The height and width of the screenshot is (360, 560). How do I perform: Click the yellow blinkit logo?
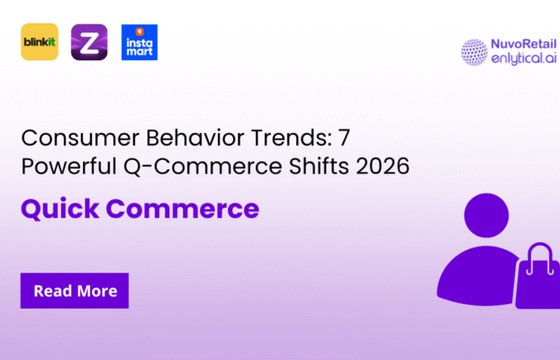click(40, 41)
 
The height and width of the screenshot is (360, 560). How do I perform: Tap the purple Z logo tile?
click(89, 41)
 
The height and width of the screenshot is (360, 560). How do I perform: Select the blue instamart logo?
click(139, 41)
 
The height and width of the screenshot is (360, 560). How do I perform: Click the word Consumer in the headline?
click(67, 139)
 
